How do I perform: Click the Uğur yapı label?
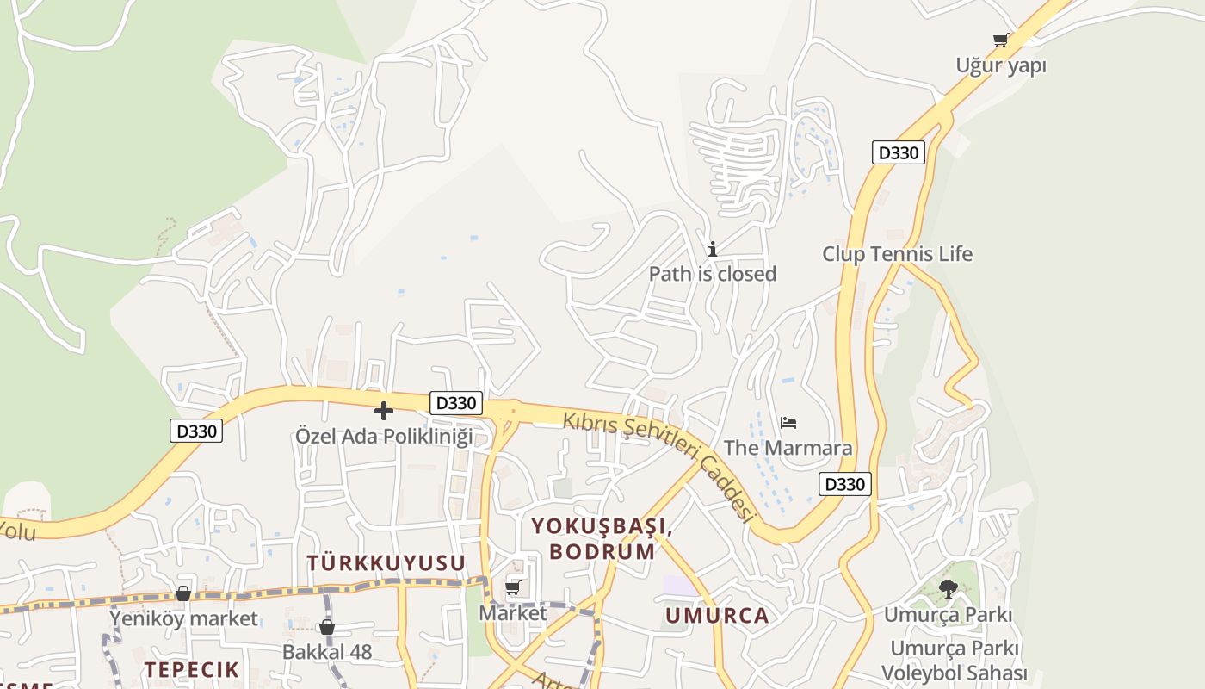[x=1001, y=65]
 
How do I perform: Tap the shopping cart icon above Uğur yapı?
[x=1000, y=40]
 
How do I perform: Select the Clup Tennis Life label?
[x=897, y=254]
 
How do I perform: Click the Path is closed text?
[x=713, y=274]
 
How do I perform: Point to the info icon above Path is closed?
[x=713, y=250]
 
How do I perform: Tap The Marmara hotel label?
[x=788, y=448]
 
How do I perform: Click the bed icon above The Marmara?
[x=788, y=422]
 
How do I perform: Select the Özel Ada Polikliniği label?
[x=384, y=436]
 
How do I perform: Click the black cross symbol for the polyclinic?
[x=384, y=411]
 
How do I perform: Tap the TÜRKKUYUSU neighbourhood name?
[x=386, y=563]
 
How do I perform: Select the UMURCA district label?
[x=717, y=616]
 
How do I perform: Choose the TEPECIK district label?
[x=191, y=670]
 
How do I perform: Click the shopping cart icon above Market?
[x=513, y=588]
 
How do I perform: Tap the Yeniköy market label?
[x=183, y=618]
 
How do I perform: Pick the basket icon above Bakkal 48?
[x=327, y=627]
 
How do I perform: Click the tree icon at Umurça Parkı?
[x=948, y=589]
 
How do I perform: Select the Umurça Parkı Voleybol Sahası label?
[x=955, y=661]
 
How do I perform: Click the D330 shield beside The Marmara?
[x=844, y=484]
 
